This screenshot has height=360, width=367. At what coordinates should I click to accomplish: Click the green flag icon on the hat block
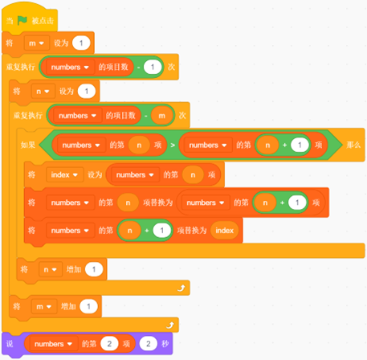tap(22, 20)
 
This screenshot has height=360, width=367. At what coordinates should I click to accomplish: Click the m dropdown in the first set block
tap(36, 43)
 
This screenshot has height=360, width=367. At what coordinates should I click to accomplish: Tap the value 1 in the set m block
tap(81, 43)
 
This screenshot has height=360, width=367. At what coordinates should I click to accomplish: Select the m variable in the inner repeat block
tap(161, 116)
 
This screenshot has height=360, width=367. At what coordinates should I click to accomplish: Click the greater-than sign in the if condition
tap(173, 145)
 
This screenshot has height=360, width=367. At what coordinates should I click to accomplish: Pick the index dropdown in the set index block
tap(64, 175)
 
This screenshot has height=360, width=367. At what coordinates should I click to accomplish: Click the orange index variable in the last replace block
tap(224, 231)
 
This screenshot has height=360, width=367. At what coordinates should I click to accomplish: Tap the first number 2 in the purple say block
tap(109, 344)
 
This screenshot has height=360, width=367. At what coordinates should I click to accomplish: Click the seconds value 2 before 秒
tap(149, 344)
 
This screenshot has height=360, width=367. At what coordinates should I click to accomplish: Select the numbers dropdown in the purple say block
tap(53, 344)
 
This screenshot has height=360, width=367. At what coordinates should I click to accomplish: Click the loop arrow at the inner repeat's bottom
tap(181, 288)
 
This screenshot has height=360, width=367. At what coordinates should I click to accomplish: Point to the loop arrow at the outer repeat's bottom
tap(170, 325)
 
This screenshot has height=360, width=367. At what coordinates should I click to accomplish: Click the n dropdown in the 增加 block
tap(50, 269)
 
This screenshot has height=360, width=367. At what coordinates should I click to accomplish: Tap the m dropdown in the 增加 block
tap(44, 306)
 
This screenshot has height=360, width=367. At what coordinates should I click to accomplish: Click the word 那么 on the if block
tap(353, 145)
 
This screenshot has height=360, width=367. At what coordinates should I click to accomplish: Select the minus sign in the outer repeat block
tap(138, 67)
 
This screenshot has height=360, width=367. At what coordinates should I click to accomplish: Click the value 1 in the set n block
tap(87, 92)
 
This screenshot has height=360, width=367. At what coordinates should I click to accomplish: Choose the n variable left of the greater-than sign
tap(139, 145)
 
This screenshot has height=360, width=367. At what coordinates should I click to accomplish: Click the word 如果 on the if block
tap(28, 145)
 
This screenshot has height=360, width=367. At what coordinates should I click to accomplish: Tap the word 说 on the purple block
tap(10, 344)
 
